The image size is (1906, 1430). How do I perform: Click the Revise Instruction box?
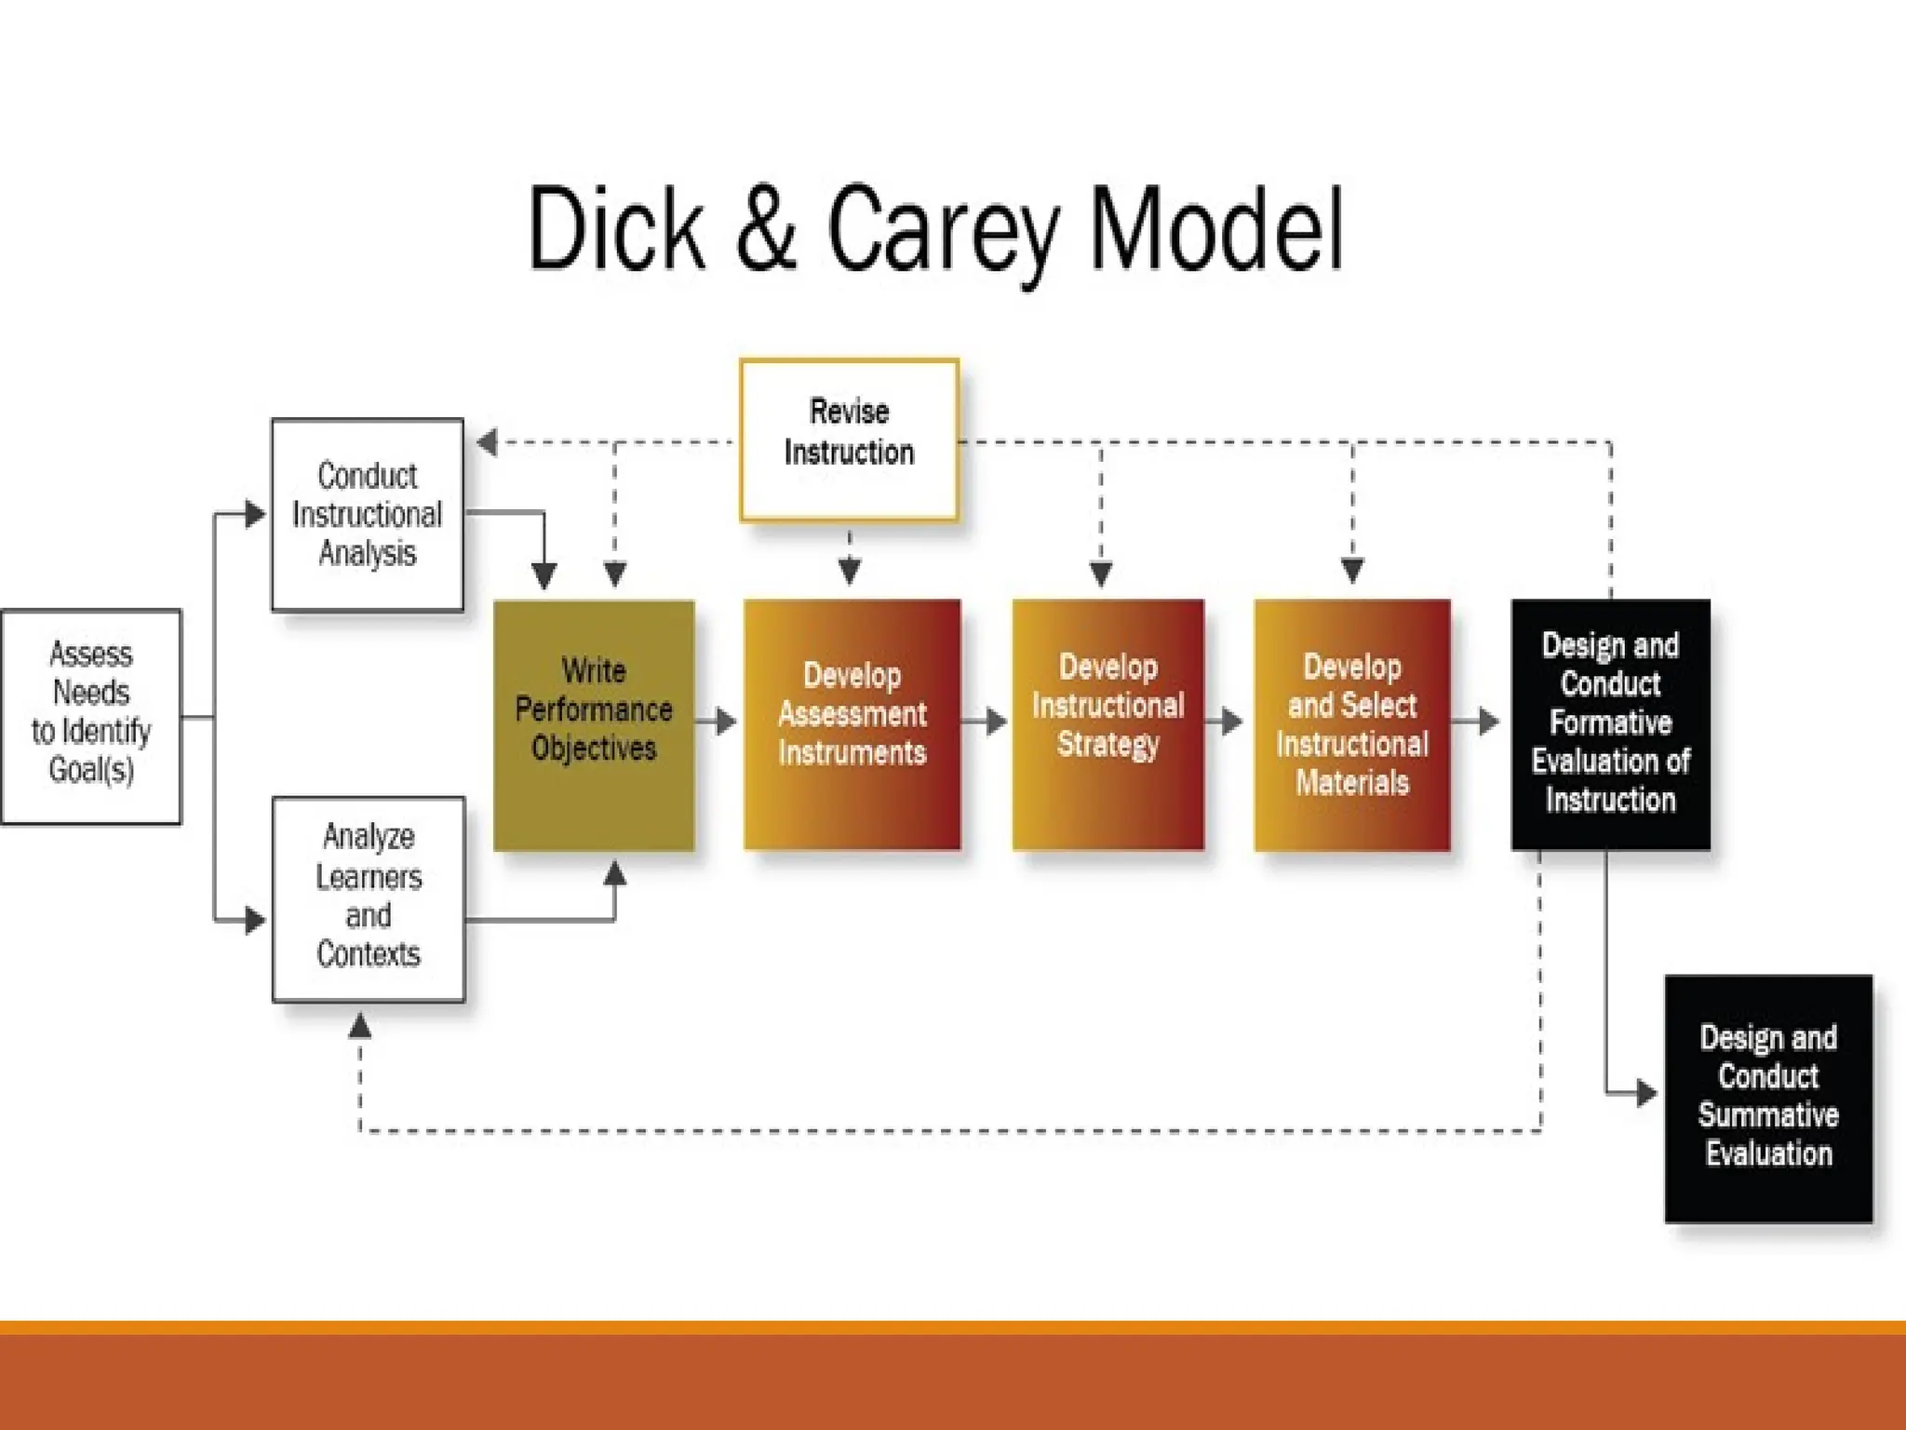pyautogui.click(x=849, y=438)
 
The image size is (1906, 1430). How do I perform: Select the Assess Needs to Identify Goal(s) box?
pyautogui.click(x=91, y=716)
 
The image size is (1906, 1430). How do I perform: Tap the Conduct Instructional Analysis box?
pyautogui.click(x=368, y=514)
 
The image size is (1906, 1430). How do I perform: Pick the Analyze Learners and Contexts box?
pyautogui.click(x=369, y=898)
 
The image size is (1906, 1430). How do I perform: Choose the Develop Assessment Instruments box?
pyautogui.click(x=852, y=724)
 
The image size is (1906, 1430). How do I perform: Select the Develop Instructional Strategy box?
pyautogui.click(x=1107, y=724)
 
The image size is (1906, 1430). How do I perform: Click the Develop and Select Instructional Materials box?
pyautogui.click(x=1352, y=724)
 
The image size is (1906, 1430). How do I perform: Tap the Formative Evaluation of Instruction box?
pyautogui.click(x=1610, y=724)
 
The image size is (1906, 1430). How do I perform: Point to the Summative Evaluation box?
pyautogui.click(x=1768, y=1098)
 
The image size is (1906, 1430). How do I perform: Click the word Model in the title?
pyautogui.click(x=1215, y=229)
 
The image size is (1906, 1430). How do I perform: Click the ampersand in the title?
pyautogui.click(x=766, y=229)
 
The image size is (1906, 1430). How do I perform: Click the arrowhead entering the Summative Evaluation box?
pyautogui.click(x=1646, y=1093)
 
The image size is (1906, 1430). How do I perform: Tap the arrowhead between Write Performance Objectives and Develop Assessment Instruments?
pyautogui.click(x=727, y=721)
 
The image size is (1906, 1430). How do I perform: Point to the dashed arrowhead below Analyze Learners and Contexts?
pyautogui.click(x=360, y=1026)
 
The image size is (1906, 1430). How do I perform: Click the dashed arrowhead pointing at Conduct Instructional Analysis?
pyautogui.click(x=487, y=442)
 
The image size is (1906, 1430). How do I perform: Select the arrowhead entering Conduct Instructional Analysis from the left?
pyautogui.click(x=255, y=513)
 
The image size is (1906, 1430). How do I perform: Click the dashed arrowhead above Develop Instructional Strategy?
pyautogui.click(x=1101, y=572)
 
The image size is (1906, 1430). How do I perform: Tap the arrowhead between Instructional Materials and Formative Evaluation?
pyautogui.click(x=1489, y=721)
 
